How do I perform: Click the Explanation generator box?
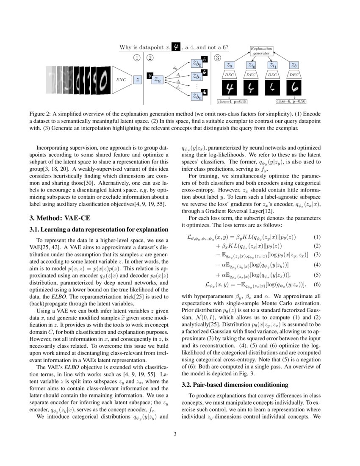click(x=261, y=51)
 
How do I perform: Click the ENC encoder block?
click(x=121, y=79)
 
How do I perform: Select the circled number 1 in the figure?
click(x=137, y=58)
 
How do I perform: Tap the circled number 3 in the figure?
click(x=218, y=58)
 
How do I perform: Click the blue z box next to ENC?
click(x=138, y=79)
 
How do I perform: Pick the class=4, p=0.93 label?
click(x=232, y=102)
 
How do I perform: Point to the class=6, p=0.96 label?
click(x=291, y=102)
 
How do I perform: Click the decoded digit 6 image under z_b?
click(x=294, y=89)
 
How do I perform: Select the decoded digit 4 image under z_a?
click(x=230, y=89)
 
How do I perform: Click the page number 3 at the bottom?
click(x=180, y=433)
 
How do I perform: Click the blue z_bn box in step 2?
click(x=197, y=96)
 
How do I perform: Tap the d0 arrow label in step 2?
click(x=175, y=68)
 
